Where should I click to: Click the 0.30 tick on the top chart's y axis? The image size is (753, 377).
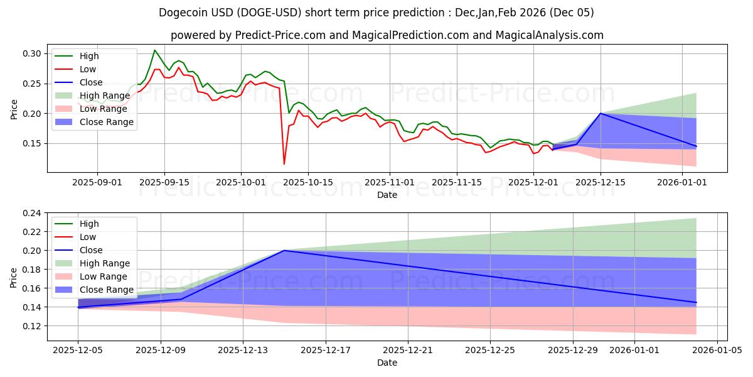click(33, 53)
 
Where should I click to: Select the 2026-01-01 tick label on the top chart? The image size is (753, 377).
click(683, 182)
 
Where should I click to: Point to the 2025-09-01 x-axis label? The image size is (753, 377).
click(97, 182)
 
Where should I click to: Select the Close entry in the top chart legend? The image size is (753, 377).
click(92, 82)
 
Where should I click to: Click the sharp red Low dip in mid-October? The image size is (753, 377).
click(284, 164)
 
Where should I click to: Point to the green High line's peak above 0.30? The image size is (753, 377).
click(155, 50)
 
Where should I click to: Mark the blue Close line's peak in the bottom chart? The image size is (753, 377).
click(284, 251)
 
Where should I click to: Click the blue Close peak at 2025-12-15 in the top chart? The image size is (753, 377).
click(601, 113)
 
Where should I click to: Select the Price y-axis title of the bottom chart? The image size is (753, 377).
click(14, 276)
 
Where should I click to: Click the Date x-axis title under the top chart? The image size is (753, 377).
click(387, 195)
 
